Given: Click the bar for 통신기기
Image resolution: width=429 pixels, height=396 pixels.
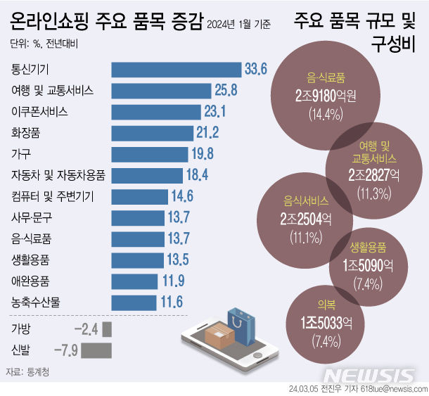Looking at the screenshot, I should [176, 70].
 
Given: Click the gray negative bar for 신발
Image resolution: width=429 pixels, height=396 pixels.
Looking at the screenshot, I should [96, 349].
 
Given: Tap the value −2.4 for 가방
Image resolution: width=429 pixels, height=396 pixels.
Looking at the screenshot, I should [86, 329].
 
